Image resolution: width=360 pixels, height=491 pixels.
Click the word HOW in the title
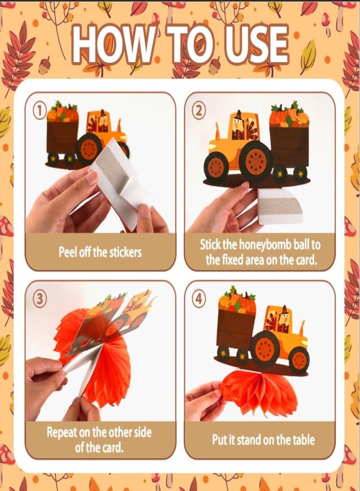pos(112,43)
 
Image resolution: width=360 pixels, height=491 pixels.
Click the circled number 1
pos(39,111)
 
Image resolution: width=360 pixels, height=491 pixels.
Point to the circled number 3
pos(39,299)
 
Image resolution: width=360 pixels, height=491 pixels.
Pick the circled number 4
pos(199,299)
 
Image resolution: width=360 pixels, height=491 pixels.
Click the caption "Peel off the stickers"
pos(100,252)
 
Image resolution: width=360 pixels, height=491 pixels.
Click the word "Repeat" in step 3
pos(62,433)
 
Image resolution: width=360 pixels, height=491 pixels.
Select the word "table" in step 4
pos(303,440)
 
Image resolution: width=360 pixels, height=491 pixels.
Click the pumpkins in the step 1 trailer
pos(62,112)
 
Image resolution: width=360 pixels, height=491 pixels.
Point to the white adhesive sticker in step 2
pos(279,207)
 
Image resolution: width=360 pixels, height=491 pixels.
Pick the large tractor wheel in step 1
pos(89,149)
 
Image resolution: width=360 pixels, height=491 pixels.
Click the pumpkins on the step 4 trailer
pos(237,301)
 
